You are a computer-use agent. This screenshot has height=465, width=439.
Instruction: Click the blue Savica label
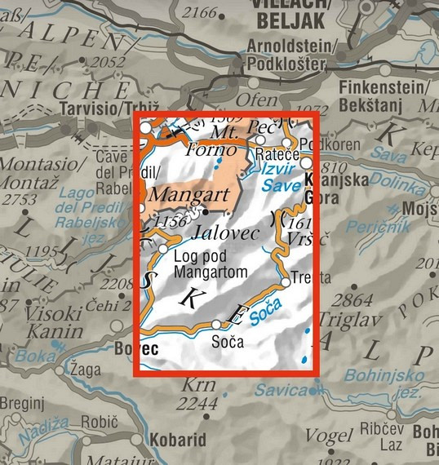279,391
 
